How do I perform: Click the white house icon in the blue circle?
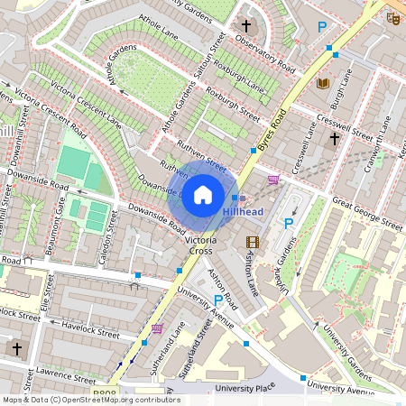(x=203, y=195)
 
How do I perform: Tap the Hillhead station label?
(x=245, y=212)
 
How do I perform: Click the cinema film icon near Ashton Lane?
(x=252, y=241)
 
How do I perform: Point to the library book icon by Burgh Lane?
(x=323, y=83)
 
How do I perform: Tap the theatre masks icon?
(x=392, y=18)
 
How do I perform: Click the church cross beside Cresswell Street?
(x=334, y=139)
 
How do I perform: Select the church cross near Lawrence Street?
(x=15, y=348)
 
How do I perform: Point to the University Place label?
(x=245, y=388)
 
